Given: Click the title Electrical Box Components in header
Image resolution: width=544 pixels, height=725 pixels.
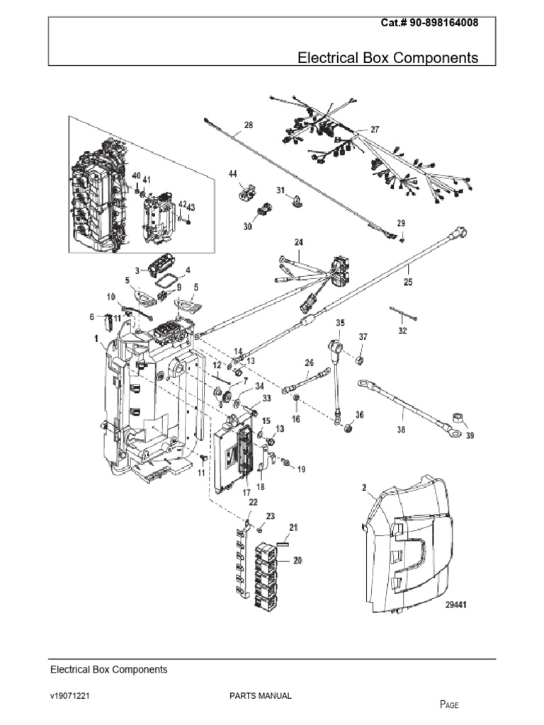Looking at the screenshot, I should pyautogui.click(x=387, y=57).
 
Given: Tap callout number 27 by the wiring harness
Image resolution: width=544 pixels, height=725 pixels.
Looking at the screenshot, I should pyautogui.click(x=374, y=130).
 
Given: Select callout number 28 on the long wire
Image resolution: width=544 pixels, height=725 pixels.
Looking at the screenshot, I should pyautogui.click(x=248, y=126).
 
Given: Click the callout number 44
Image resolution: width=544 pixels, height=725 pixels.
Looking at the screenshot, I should pyautogui.click(x=232, y=173).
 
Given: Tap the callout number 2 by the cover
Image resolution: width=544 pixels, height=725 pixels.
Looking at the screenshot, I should pyautogui.click(x=364, y=488).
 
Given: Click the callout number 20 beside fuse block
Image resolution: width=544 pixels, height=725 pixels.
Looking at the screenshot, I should pyautogui.click(x=297, y=561).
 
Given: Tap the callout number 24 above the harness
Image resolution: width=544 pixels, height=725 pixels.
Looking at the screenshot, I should pyautogui.click(x=298, y=242).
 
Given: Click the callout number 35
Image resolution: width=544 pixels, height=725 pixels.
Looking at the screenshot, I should pyautogui.click(x=340, y=323).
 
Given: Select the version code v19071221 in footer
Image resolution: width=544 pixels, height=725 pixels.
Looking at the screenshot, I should pyautogui.click(x=69, y=696).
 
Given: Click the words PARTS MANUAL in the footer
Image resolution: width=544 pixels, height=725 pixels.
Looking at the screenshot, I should pyautogui.click(x=261, y=696).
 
